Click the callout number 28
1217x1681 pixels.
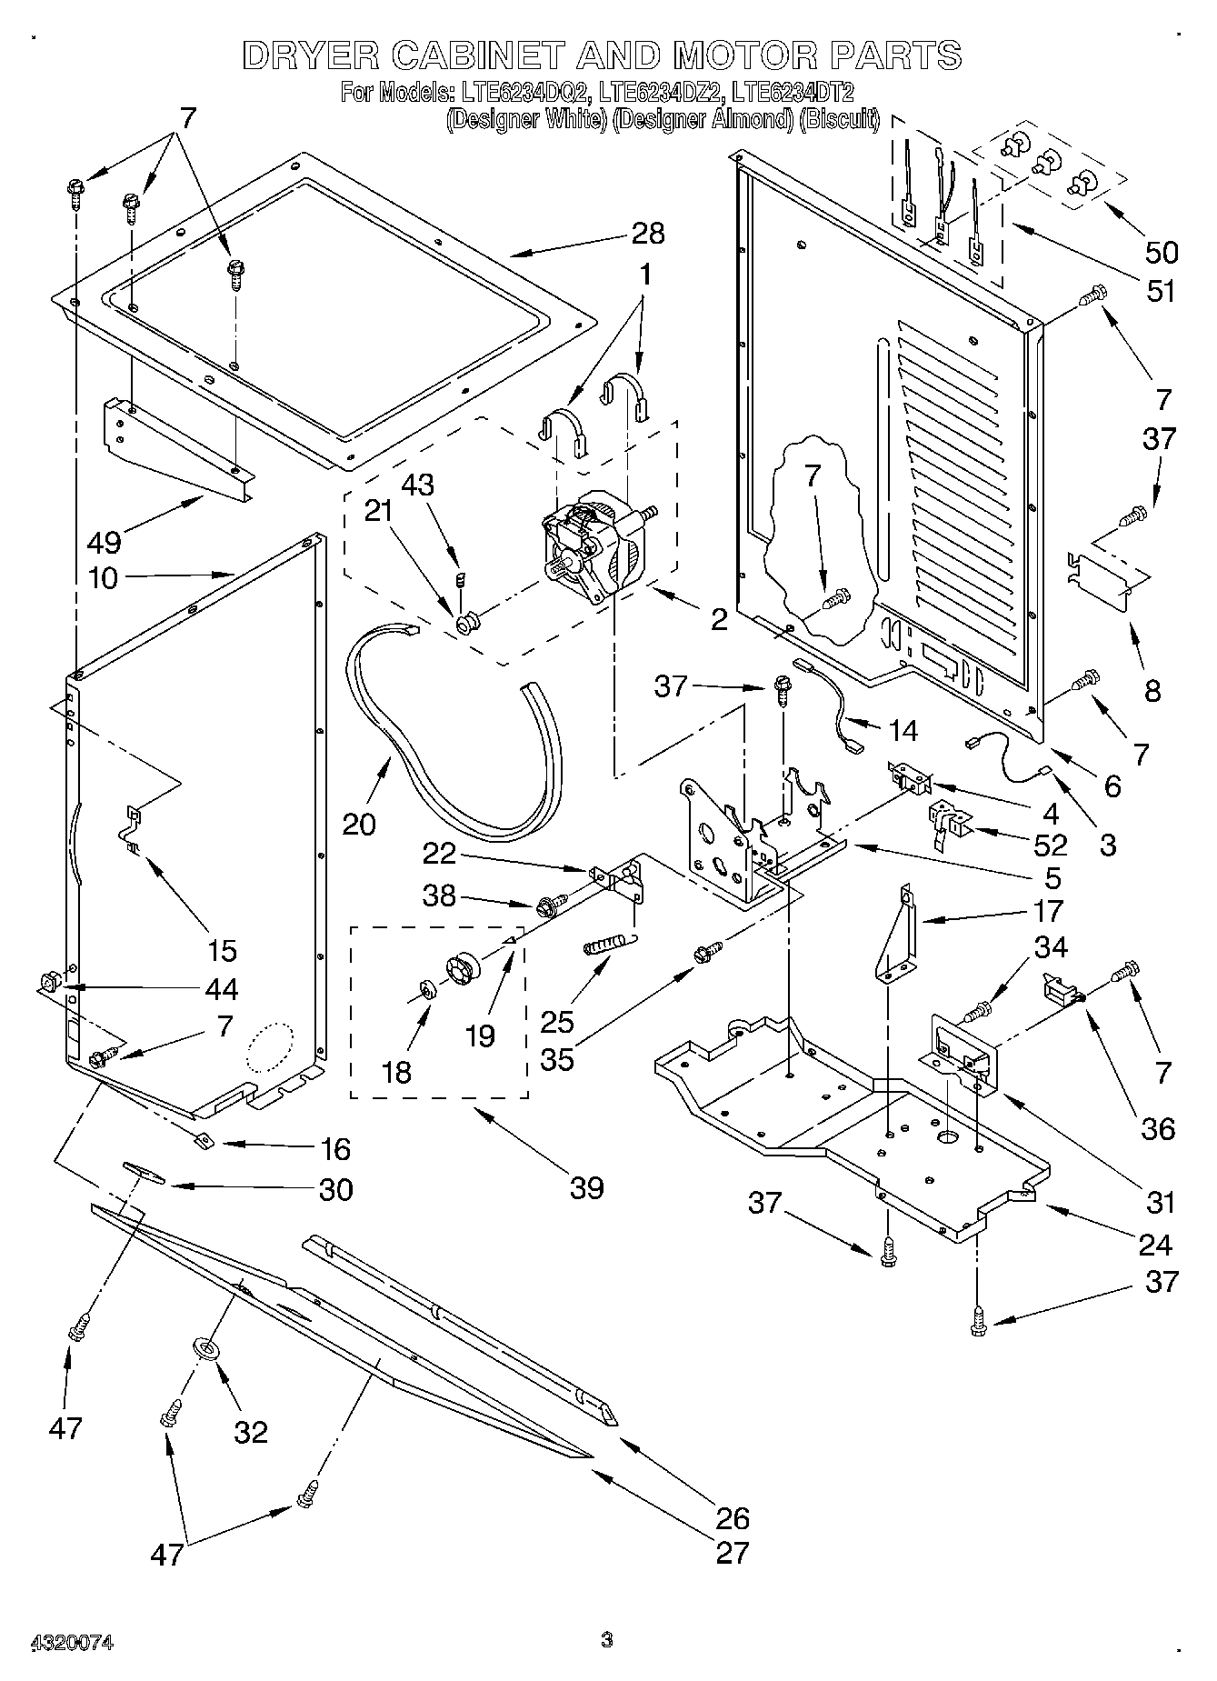[648, 234]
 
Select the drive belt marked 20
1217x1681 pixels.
[436, 755]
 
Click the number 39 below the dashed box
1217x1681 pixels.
[586, 1187]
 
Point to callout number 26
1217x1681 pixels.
[733, 1517]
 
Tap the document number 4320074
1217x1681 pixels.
[72, 1642]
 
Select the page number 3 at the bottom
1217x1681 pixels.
[607, 1640]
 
